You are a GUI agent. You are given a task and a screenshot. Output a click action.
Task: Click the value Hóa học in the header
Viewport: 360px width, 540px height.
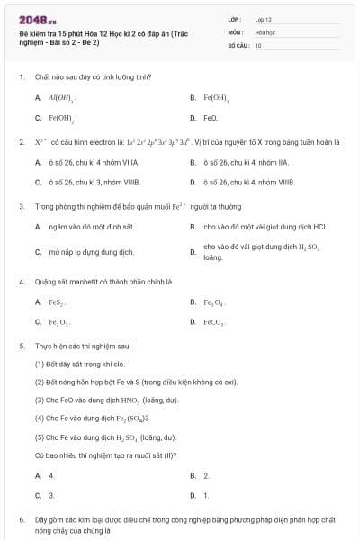point(264,31)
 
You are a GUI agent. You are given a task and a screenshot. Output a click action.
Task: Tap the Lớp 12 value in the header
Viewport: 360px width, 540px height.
point(263,19)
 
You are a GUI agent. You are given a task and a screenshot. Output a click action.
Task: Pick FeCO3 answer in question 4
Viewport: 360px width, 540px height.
point(214,321)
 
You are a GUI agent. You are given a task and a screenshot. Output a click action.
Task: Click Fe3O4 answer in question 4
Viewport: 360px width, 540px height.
point(214,301)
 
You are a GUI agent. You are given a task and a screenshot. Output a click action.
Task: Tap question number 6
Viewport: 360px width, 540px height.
point(21,519)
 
